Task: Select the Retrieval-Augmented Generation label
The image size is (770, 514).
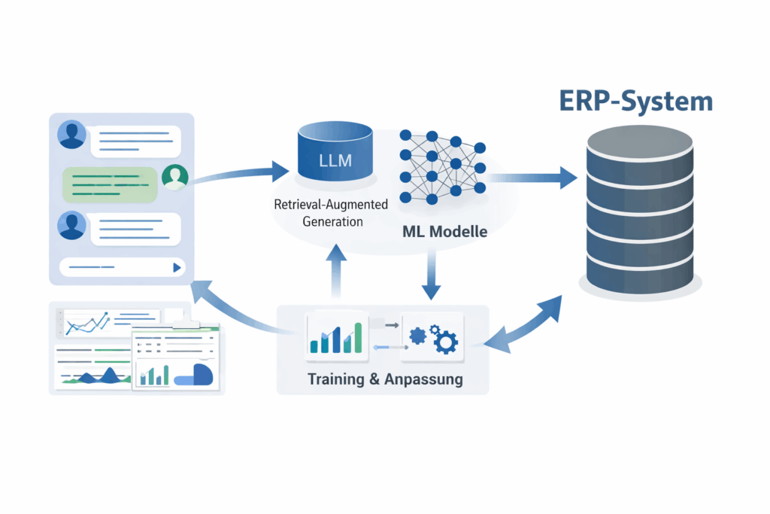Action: pyautogui.click(x=331, y=213)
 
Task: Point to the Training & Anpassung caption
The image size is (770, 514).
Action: pyautogui.click(x=385, y=379)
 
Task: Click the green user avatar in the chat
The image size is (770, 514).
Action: pyautogui.click(x=175, y=177)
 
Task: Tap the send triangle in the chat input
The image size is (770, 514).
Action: pyautogui.click(x=177, y=266)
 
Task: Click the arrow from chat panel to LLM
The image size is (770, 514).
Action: pyautogui.click(x=233, y=175)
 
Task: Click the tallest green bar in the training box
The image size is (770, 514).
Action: pyautogui.click(x=358, y=337)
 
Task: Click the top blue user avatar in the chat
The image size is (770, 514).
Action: pyautogui.click(x=72, y=135)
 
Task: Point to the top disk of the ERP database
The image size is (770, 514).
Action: pyautogui.click(x=639, y=142)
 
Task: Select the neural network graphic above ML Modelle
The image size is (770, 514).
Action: pyautogui.click(x=442, y=166)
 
